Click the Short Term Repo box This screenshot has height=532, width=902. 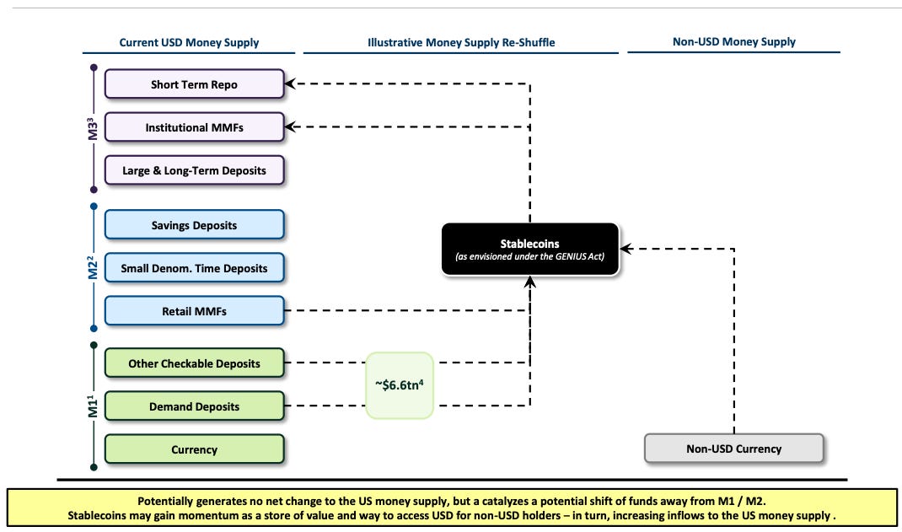point(195,84)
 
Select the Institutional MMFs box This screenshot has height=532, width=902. point(195,127)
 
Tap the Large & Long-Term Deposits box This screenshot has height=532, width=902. point(195,170)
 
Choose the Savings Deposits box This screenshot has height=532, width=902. point(195,225)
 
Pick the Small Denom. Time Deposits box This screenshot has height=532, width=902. point(195,268)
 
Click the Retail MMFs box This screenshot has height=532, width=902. point(195,311)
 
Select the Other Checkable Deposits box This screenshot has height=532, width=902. point(195,363)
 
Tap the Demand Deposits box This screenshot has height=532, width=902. point(195,406)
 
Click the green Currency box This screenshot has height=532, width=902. point(195,449)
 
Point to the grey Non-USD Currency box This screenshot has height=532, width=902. point(734,449)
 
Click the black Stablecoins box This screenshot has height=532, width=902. point(529,249)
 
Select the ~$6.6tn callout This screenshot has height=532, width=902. point(400,384)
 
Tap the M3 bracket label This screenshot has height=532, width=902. point(93,128)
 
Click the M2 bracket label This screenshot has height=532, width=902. point(93,267)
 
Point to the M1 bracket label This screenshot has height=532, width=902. point(93,406)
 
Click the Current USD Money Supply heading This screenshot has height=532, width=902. point(190,42)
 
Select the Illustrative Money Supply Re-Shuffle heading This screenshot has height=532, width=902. point(461,42)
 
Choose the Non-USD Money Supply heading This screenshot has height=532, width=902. point(734,42)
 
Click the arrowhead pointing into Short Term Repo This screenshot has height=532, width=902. point(290,84)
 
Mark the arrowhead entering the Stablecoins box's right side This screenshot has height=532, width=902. point(625,249)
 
